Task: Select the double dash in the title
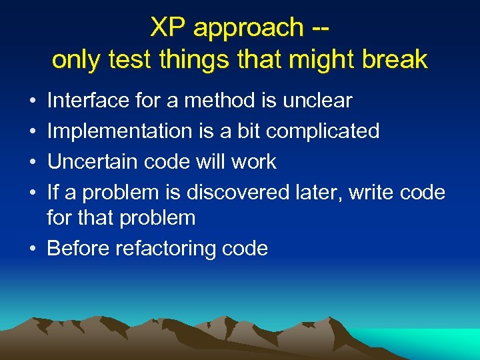319,28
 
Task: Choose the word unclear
317,101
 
